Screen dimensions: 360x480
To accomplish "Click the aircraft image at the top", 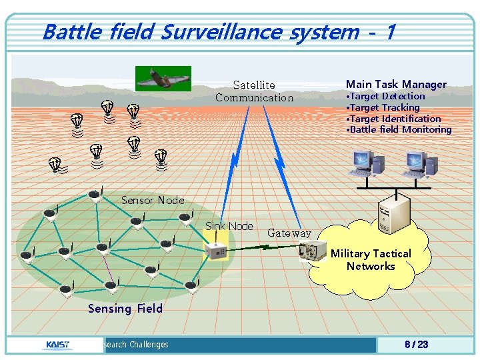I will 163,78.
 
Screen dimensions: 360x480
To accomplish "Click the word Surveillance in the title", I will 227,31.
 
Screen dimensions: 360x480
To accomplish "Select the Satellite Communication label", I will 254,91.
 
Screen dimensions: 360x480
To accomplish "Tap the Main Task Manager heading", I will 396,84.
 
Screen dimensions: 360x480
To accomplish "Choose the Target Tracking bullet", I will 384,107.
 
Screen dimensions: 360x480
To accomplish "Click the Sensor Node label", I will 153,200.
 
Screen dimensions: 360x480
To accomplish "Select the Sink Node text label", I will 229,226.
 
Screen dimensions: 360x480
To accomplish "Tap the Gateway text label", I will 289,233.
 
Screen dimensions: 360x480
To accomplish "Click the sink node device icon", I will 216,251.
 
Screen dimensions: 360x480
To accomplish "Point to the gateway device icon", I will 312,250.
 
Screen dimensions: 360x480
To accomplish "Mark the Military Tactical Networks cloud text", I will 371,259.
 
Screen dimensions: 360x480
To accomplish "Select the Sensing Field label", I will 125,308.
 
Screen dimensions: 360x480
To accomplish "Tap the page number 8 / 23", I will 416,345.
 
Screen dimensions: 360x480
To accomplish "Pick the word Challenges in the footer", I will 149,345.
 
